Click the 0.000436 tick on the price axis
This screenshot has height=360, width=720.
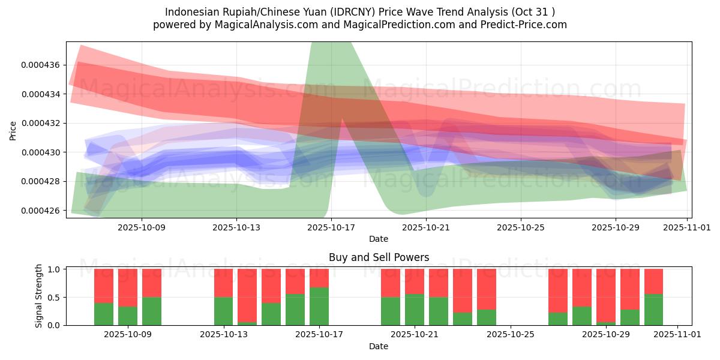(x=40, y=65)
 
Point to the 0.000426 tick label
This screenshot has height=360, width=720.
(x=40, y=211)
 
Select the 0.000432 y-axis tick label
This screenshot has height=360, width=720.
(x=40, y=123)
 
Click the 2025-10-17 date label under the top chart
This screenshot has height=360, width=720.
(x=331, y=227)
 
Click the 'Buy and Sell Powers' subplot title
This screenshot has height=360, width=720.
(x=379, y=257)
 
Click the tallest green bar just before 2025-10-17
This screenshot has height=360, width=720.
(x=319, y=307)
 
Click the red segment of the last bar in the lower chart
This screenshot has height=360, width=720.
(x=653, y=281)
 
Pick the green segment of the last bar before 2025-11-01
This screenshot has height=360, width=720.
(x=653, y=310)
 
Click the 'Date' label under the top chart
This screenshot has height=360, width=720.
(x=379, y=239)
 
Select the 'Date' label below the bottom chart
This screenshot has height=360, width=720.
(x=379, y=346)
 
